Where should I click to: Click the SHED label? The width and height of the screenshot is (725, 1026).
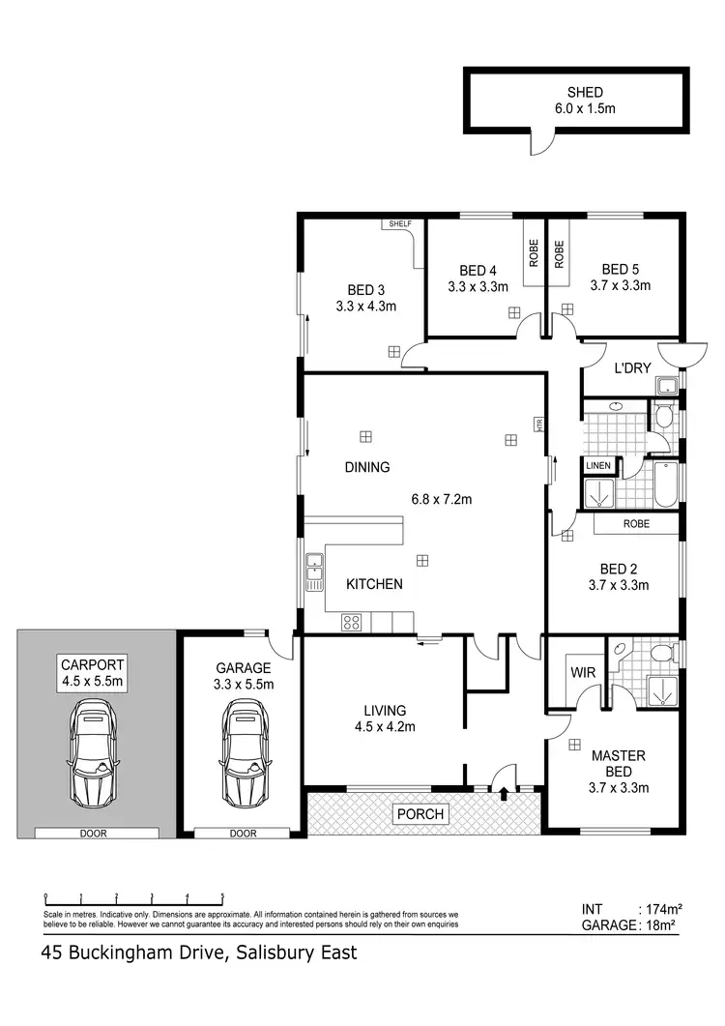tap(578, 92)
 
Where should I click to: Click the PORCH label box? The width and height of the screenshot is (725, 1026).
tap(420, 814)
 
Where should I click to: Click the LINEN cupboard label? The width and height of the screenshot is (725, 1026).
tap(598, 466)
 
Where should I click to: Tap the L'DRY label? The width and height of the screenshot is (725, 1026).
tap(631, 367)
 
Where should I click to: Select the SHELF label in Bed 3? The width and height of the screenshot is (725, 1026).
tap(400, 224)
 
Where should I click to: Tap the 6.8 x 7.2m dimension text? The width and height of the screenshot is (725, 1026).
tap(442, 500)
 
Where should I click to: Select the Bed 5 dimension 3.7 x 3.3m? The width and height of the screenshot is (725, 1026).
tap(621, 285)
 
